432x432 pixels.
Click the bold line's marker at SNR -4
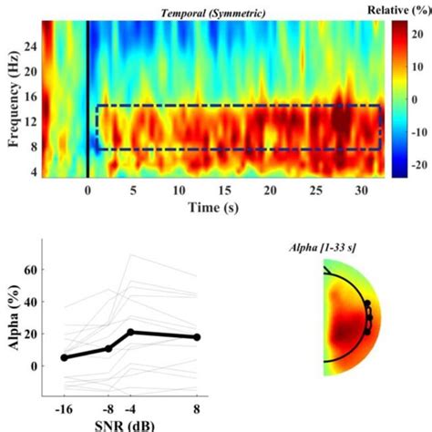tap(130, 332)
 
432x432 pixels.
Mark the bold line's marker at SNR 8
tap(197, 337)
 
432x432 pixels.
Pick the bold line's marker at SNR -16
tap(64, 358)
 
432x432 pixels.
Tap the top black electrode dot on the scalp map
tap(367, 303)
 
